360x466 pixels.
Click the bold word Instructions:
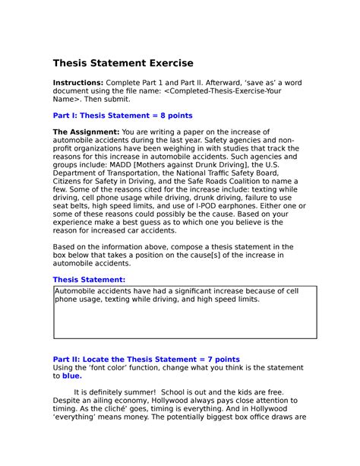(77, 82)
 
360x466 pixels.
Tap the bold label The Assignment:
(81, 132)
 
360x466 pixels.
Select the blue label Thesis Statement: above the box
(89, 280)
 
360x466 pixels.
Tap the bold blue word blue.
(72, 376)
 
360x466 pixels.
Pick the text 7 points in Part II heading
(221, 360)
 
